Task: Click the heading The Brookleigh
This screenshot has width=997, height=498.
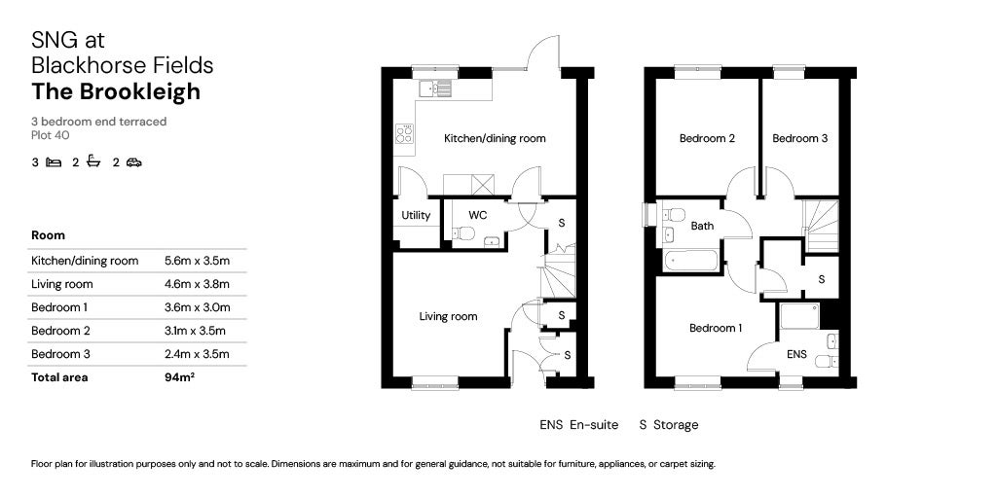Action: pyautogui.click(x=116, y=91)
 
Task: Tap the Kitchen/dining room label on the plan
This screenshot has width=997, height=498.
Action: pyautogui.click(x=495, y=138)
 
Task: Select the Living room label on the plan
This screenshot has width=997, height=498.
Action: pyautogui.click(x=448, y=316)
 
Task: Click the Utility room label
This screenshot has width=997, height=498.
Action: pyautogui.click(x=416, y=215)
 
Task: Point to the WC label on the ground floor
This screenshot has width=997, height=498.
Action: pyautogui.click(x=477, y=214)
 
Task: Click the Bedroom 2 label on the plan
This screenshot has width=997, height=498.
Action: pyautogui.click(x=707, y=138)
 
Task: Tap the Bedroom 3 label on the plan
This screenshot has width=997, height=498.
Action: pyautogui.click(x=800, y=138)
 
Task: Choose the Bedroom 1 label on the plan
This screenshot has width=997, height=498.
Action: pyautogui.click(x=716, y=328)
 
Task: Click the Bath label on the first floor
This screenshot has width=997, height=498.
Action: pyautogui.click(x=702, y=226)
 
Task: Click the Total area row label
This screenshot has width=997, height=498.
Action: pyautogui.click(x=59, y=377)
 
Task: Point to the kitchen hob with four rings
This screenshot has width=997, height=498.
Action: pyautogui.click(x=404, y=134)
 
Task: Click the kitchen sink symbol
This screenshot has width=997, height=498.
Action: pyautogui.click(x=435, y=89)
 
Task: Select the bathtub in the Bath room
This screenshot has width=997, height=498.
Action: pyautogui.click(x=690, y=261)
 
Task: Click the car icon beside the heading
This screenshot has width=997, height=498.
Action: pyautogui.click(x=133, y=163)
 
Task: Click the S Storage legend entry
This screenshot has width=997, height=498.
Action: pyautogui.click(x=668, y=425)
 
